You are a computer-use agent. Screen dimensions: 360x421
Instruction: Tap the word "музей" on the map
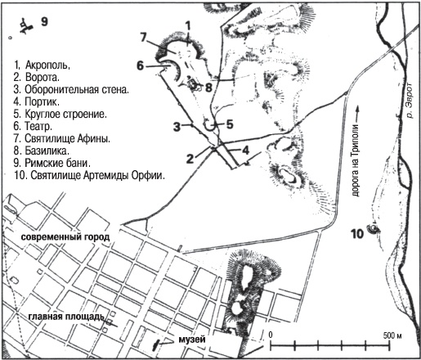tap(187, 340)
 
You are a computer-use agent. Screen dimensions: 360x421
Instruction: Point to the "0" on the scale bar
tap(270, 335)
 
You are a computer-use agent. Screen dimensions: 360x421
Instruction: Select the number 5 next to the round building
tap(230, 124)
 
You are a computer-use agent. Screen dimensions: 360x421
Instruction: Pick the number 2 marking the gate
tap(189, 156)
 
